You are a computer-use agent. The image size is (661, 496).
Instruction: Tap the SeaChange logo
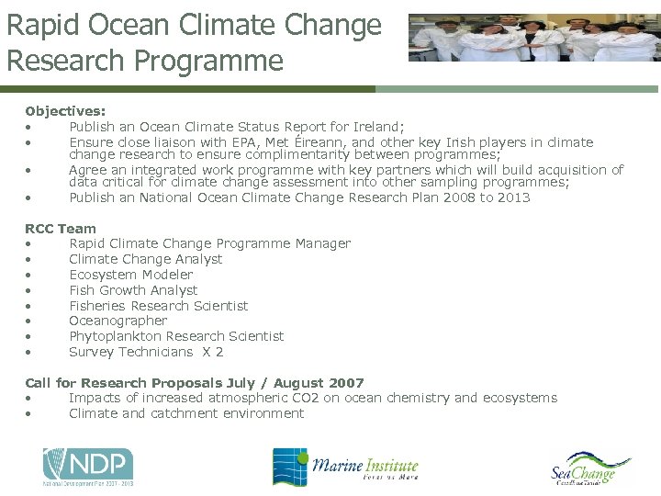tap(590, 470)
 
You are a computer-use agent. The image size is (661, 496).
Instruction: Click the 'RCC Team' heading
tap(61, 228)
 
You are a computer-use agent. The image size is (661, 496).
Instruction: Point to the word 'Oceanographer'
tap(118, 321)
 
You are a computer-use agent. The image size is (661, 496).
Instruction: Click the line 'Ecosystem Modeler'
tap(130, 275)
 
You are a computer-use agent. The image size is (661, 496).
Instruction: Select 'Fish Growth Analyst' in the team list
tap(133, 290)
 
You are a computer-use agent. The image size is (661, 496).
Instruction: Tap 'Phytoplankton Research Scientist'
tap(176, 336)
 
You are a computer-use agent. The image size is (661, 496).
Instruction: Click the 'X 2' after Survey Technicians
tap(213, 352)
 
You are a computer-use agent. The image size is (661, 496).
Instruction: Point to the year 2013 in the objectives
tap(513, 197)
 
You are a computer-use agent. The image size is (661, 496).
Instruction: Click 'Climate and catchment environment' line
tap(186, 413)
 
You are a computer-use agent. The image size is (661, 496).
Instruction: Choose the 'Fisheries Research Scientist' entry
tap(158, 306)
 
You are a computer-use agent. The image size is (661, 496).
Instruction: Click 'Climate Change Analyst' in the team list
tap(145, 259)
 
